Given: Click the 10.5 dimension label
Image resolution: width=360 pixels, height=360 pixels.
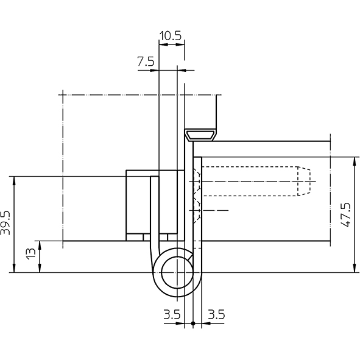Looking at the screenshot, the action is point(171,36).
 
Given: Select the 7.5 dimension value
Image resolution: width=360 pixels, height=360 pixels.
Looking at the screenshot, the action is point(146,62).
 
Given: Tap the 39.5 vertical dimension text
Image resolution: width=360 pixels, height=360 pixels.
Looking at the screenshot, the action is point(5,223).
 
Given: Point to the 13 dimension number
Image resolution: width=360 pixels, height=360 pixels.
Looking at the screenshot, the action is point(31,253).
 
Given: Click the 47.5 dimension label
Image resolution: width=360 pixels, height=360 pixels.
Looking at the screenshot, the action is point(346,214).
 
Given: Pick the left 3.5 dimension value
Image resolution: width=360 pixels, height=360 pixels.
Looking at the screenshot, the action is point(172,314).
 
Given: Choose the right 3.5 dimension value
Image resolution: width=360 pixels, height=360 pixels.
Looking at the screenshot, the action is point(216,314).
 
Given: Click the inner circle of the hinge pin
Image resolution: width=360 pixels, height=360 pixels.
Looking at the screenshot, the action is point(177,272).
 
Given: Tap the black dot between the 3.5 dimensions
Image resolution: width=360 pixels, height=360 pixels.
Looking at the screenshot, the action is point(193,323).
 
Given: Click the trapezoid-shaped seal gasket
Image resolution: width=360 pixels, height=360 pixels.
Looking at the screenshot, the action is point(201,135).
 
